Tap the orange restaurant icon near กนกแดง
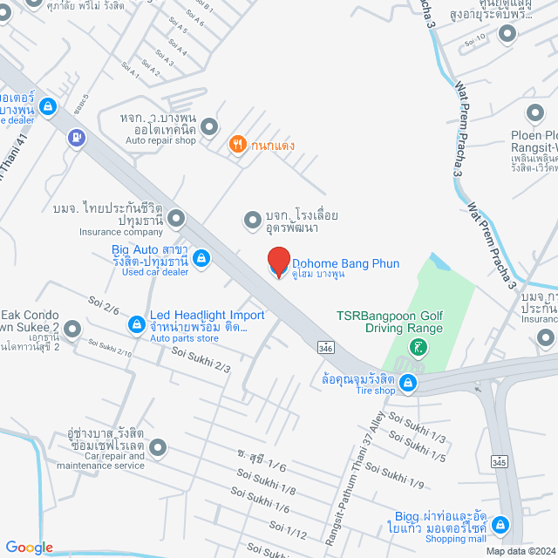pos(235,145)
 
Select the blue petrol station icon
pos(78,136)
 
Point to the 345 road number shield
pos(499,461)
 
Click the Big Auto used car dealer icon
pos(201,258)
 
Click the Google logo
pos(29,547)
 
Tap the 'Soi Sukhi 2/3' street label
pos(201,360)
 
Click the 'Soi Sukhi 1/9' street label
pos(394,476)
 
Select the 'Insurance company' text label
pos(121,232)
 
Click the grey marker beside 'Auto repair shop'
pos(209,128)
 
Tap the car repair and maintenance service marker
pos(157,448)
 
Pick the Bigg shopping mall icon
pos(500,525)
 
